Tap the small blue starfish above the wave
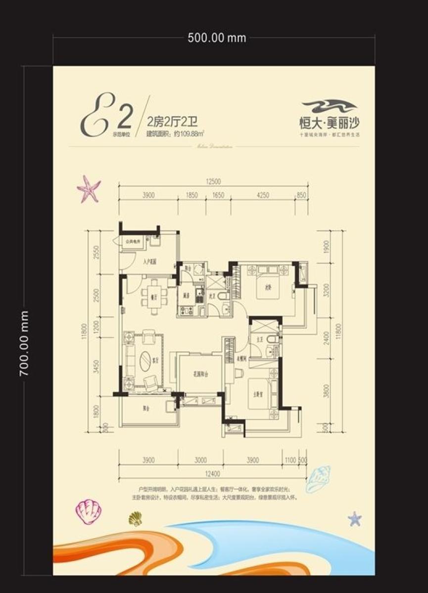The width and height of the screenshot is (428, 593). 354,518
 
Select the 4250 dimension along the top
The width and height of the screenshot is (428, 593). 263,195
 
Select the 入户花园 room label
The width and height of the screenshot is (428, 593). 150,263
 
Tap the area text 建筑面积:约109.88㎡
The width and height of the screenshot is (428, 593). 176,132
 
